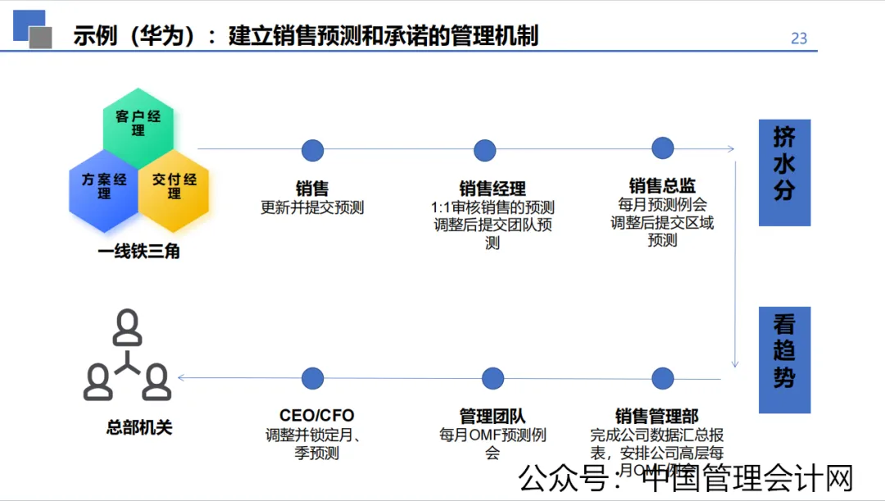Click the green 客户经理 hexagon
point(138,123)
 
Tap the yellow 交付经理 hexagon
point(174,186)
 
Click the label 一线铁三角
point(138,252)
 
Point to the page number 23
point(799,38)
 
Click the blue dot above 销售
point(312,150)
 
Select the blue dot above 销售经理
point(485,150)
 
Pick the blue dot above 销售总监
point(662,148)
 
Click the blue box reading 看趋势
point(784,360)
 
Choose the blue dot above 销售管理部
point(662,378)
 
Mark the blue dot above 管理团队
point(492,378)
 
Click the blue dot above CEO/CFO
point(312,378)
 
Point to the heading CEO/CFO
point(316,416)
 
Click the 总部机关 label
point(139,427)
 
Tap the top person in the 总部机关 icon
point(127,326)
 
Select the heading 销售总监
point(662,185)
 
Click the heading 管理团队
point(492,416)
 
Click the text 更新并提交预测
point(312,208)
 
